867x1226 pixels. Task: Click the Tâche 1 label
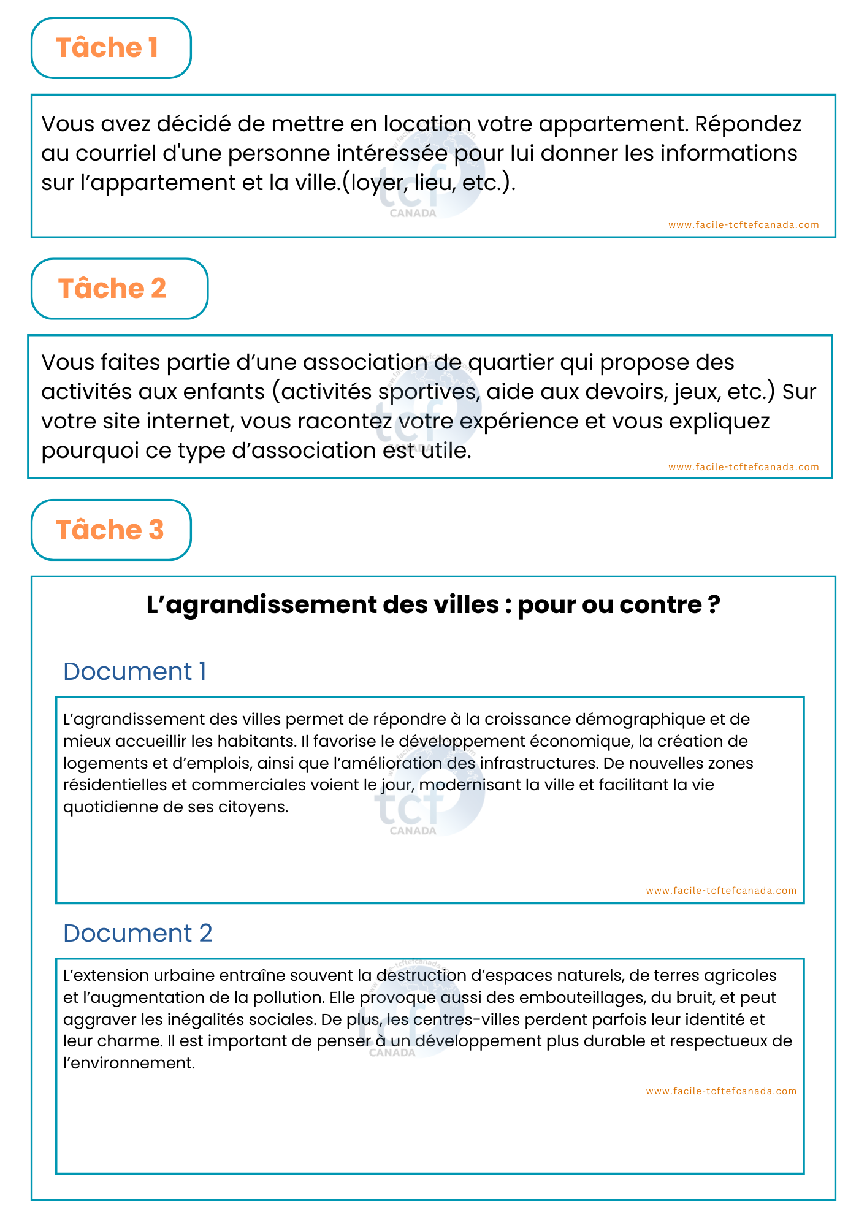click(107, 48)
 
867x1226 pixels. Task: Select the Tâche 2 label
click(112, 289)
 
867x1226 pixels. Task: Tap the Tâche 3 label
click(110, 530)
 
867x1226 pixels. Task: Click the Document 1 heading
click(135, 672)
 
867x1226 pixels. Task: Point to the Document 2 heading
click(138, 934)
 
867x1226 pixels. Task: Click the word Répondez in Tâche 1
click(748, 124)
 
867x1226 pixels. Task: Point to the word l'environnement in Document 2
click(129, 1064)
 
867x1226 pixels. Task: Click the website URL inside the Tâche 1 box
click(744, 225)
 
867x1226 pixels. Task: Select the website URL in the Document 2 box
click(721, 1091)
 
